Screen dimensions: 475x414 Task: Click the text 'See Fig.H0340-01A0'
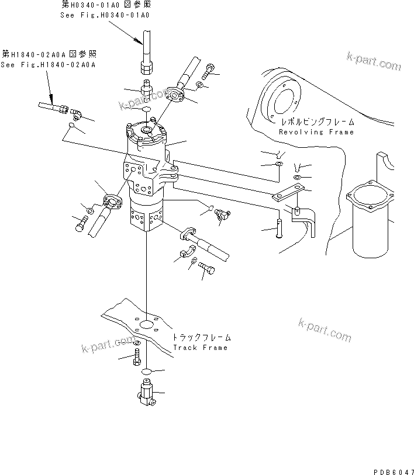[x=105, y=15]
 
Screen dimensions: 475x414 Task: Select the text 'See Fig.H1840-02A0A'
[x=47, y=64]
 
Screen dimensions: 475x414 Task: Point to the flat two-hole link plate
[x=289, y=193]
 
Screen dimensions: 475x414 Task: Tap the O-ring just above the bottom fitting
[x=149, y=371]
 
